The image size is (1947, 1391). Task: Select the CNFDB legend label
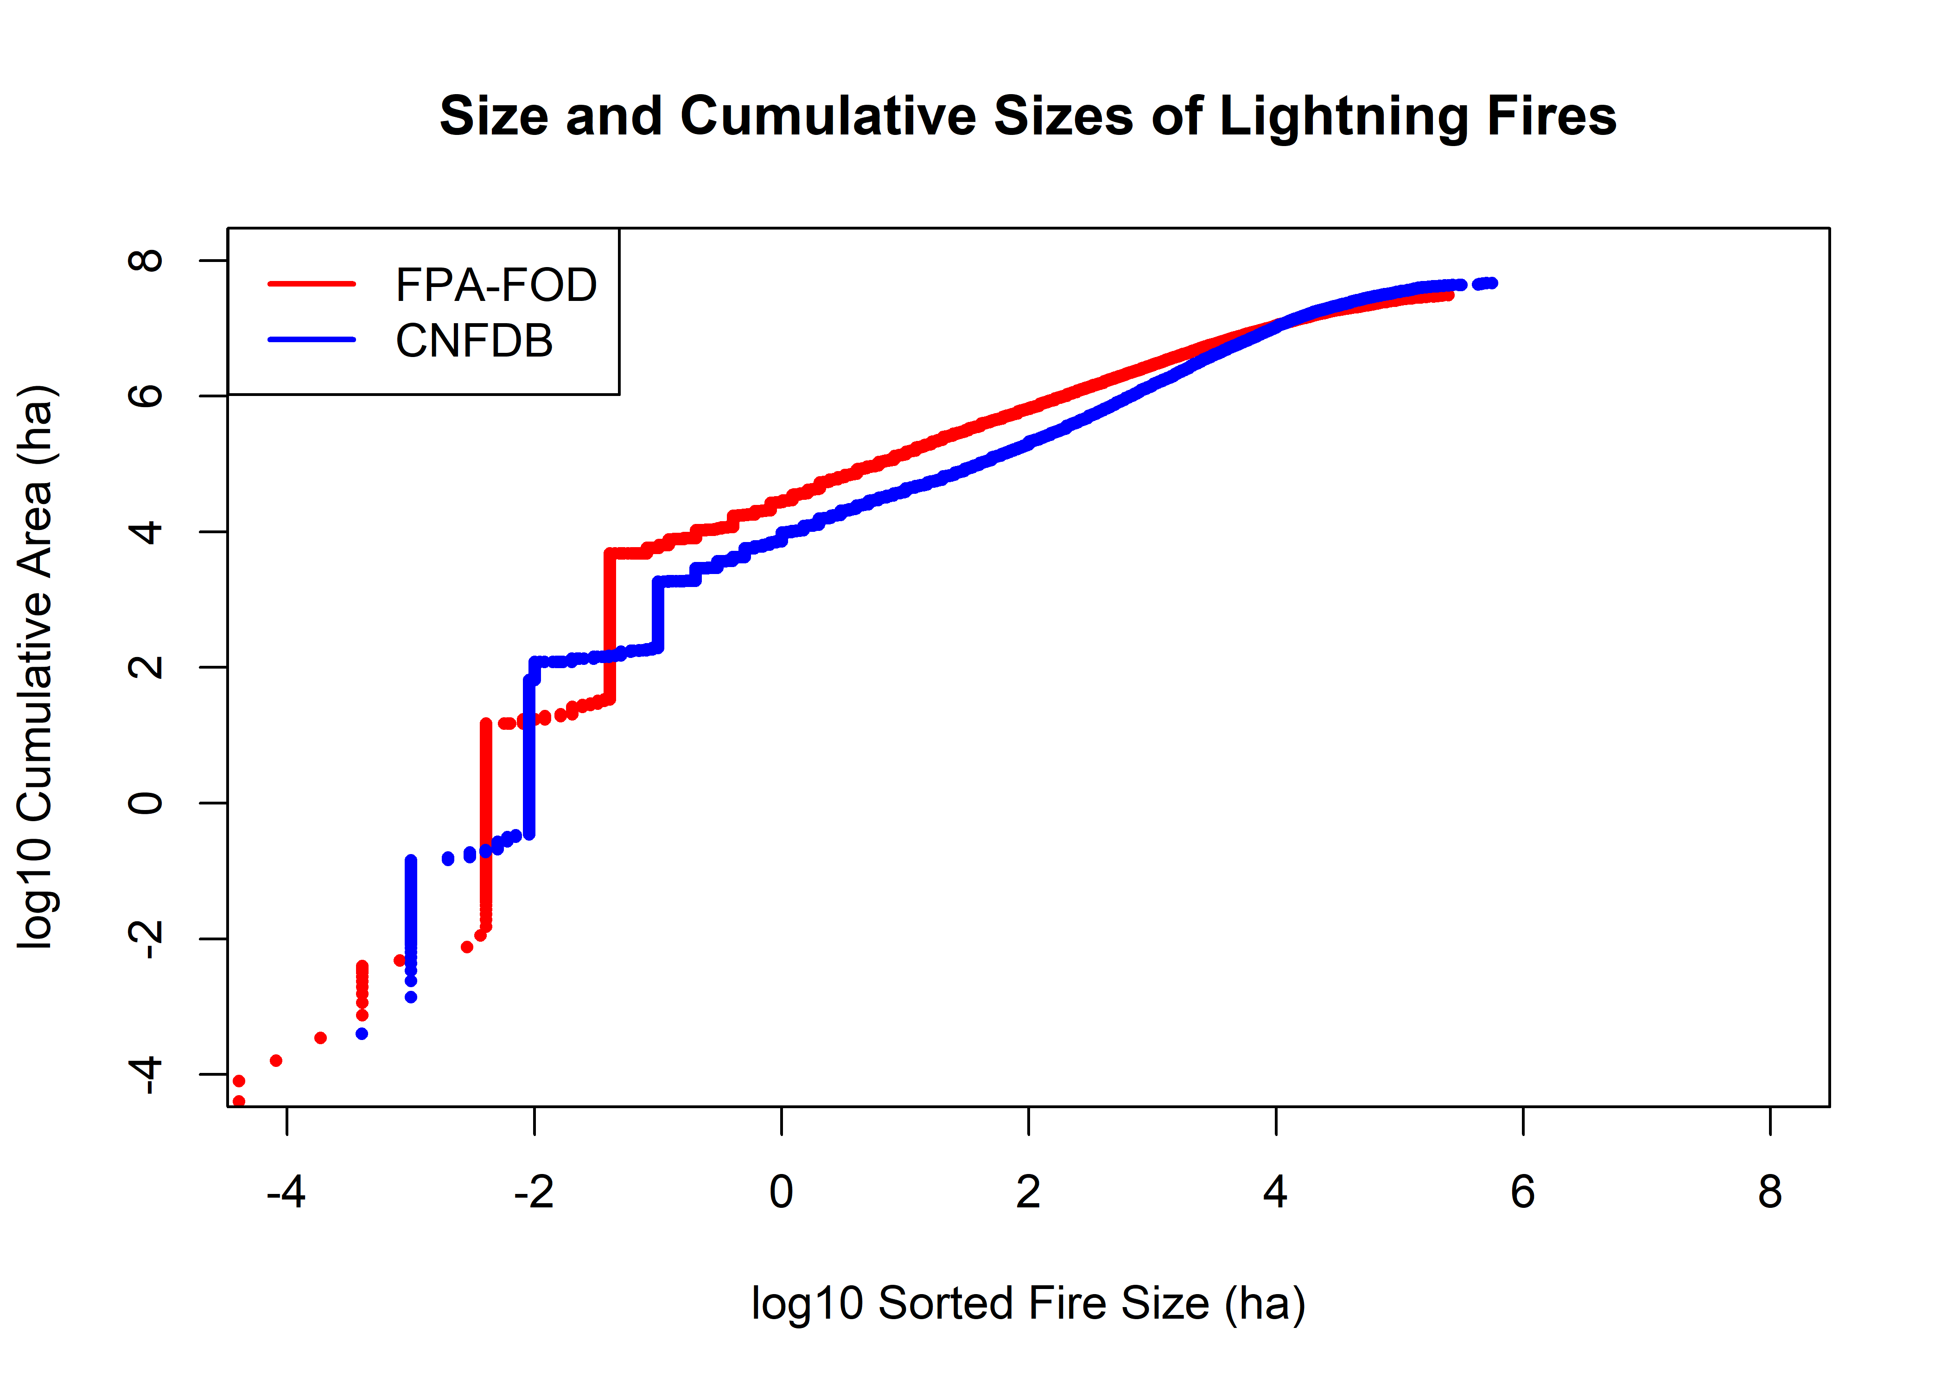tap(474, 341)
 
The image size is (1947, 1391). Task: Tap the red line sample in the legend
tap(312, 283)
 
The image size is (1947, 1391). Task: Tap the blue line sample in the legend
tap(312, 340)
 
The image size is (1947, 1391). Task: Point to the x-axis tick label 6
tap(1522, 1192)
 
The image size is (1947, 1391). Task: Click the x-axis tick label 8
tap(1770, 1192)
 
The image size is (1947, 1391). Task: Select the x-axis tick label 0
tap(781, 1192)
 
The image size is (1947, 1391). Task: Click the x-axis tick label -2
tap(534, 1192)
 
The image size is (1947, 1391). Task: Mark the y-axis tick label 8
tap(146, 261)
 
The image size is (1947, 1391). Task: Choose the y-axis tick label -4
tap(146, 1074)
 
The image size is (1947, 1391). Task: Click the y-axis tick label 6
tap(146, 396)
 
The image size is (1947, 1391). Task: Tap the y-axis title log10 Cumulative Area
tap(36, 668)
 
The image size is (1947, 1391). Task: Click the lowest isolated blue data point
tap(362, 1034)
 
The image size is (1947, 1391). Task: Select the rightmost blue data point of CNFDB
tap(1492, 283)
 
